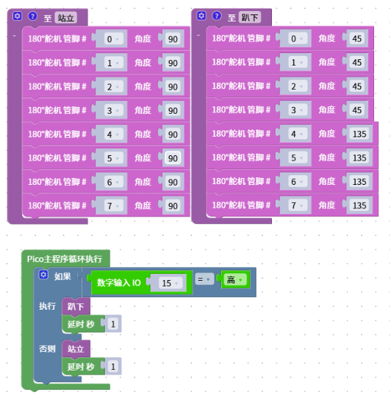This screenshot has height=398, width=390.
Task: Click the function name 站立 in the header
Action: click(66, 18)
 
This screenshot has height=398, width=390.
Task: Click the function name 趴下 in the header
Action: click(250, 17)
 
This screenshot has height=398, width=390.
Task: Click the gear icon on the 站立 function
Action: click(17, 16)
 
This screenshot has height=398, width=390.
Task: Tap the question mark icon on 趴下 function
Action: click(217, 16)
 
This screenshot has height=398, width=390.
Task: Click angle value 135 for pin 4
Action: click(359, 134)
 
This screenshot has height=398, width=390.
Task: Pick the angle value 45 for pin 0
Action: click(357, 39)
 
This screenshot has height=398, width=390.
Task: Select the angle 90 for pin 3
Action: click(173, 110)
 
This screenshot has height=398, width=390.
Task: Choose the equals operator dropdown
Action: click(204, 279)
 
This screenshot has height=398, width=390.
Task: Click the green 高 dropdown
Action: click(235, 280)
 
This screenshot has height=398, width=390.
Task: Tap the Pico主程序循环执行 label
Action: click(64, 259)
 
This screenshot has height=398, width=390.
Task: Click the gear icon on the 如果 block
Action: click(43, 275)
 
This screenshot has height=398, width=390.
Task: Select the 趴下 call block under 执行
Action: click(76, 306)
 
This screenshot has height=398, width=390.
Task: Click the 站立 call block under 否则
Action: click(76, 349)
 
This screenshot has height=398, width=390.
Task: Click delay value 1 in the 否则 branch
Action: click(113, 366)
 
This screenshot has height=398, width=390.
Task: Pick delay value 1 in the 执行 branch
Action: click(113, 324)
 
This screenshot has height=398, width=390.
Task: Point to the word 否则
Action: click(47, 349)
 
